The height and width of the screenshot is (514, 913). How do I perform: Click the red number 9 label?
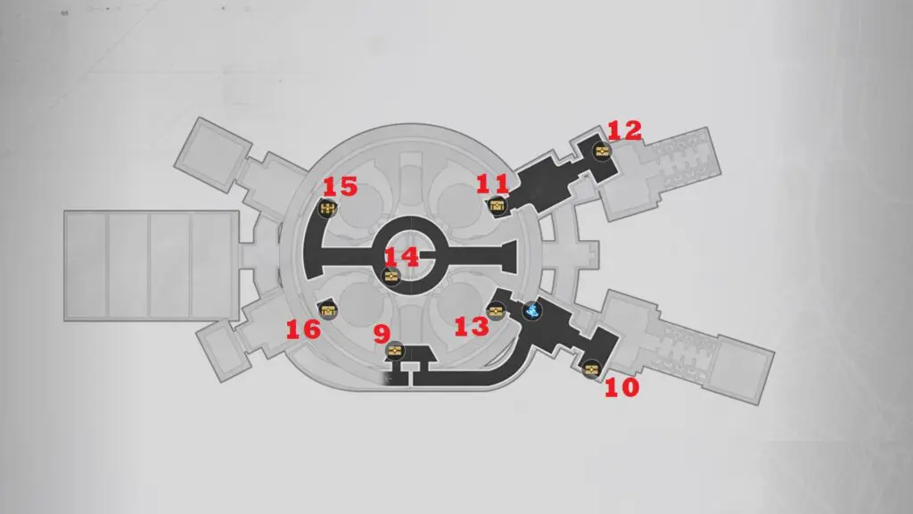[x=382, y=335]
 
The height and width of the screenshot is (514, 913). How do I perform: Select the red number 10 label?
[x=621, y=387]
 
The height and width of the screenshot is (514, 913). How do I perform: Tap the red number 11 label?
[x=492, y=184]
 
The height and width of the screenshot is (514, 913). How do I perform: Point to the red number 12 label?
[x=625, y=130]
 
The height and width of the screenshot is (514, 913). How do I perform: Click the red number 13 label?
[x=472, y=327]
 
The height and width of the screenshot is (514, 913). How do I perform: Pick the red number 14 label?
[x=402, y=257]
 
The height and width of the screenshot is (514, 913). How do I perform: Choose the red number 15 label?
[x=340, y=187]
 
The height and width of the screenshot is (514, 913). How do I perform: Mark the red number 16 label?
[x=303, y=330]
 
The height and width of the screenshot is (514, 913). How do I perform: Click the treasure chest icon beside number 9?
[x=395, y=351]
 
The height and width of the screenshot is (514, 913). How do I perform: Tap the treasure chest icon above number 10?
[x=592, y=369]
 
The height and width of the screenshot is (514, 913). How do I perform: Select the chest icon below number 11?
[x=497, y=205]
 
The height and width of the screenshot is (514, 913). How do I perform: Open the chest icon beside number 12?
[x=602, y=152]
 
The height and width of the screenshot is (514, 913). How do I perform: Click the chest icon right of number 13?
[x=496, y=311]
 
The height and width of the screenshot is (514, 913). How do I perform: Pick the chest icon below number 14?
[x=391, y=277]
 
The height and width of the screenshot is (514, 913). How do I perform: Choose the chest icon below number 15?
[x=328, y=208]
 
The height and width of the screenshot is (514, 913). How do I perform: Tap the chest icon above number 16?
[x=328, y=311]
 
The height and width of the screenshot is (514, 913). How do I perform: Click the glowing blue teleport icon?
[x=532, y=311]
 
